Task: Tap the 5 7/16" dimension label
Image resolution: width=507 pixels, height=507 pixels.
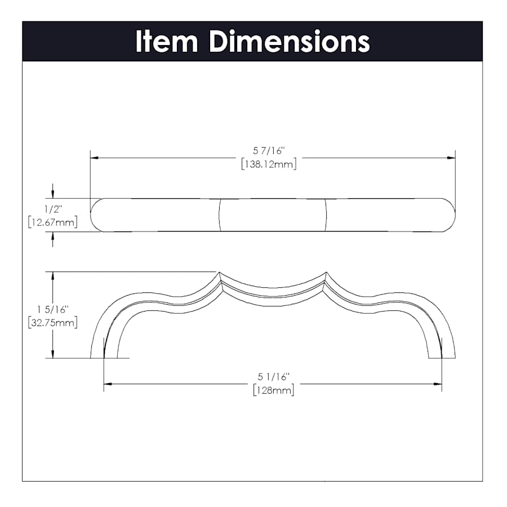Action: point(269,150)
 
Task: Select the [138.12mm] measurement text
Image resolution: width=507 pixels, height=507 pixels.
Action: point(269,164)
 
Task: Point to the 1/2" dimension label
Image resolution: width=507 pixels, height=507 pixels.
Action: point(53,209)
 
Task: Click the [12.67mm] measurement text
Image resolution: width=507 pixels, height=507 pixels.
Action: point(53,223)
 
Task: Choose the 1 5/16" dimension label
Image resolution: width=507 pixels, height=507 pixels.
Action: point(52,309)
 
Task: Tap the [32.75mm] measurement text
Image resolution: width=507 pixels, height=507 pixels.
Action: point(53,323)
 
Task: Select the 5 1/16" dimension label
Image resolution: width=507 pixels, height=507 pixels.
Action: point(273,377)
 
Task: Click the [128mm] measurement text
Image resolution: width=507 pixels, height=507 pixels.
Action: point(274,390)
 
